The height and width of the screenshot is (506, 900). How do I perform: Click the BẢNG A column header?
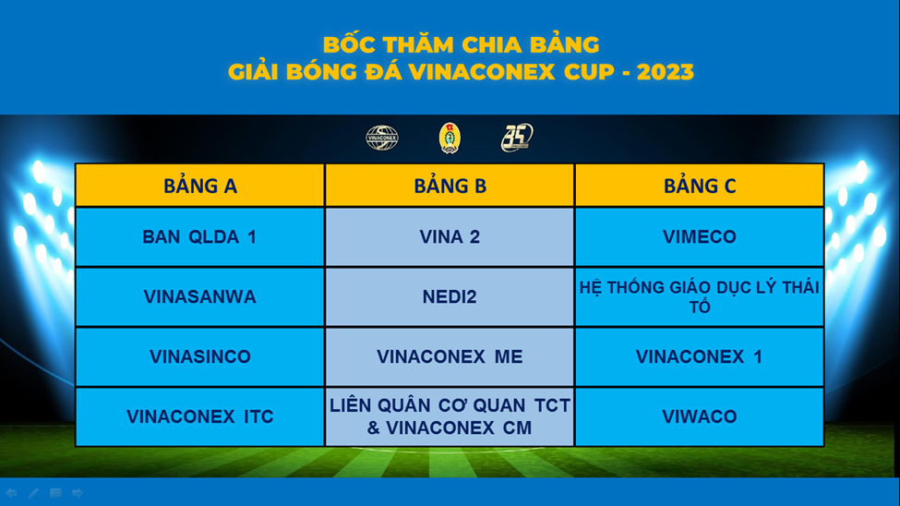[x=199, y=186]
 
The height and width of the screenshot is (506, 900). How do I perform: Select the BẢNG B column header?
[x=450, y=186]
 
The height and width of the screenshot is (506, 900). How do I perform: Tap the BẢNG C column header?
[x=699, y=186]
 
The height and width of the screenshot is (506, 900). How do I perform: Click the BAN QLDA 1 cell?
[x=199, y=237]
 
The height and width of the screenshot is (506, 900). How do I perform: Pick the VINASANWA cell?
[x=199, y=297]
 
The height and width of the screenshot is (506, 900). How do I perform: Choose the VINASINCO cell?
[x=199, y=356]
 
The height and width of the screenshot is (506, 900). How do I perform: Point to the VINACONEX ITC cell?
[x=199, y=416]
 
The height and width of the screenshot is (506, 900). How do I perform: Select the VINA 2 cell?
[x=450, y=237]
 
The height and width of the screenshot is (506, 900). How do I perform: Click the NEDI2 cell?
[x=450, y=297]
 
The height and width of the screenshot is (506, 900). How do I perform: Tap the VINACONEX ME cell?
[x=450, y=356]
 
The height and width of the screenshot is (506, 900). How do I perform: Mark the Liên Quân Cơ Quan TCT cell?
[x=450, y=416]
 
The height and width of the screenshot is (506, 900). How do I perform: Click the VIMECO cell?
[x=699, y=237]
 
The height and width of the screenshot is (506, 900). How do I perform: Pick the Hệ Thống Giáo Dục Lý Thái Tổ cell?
[x=699, y=297]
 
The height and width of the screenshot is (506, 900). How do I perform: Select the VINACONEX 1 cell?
[x=699, y=356]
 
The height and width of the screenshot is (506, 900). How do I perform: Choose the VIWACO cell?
[x=699, y=416]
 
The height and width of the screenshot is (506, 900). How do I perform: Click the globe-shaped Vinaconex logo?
[x=382, y=138]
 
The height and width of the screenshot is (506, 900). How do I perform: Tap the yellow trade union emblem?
[x=450, y=138]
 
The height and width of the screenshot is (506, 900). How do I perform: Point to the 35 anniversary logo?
[x=517, y=138]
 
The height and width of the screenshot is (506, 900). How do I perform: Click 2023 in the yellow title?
[x=666, y=72]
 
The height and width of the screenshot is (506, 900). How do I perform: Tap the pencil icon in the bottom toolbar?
[x=33, y=493]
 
